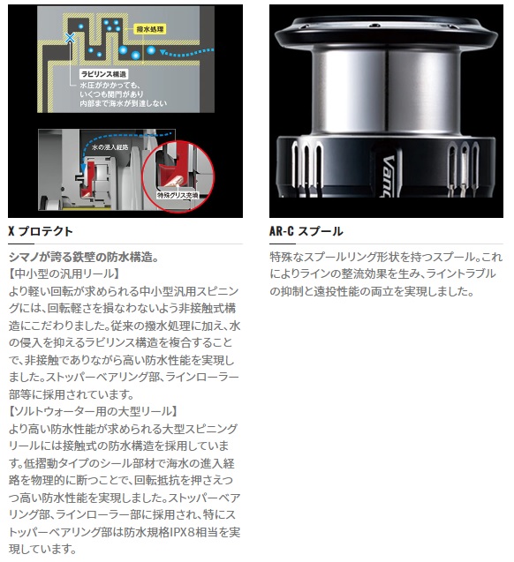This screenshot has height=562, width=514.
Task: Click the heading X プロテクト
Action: coord(41,232)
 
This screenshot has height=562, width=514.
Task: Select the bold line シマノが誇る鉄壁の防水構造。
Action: coord(83,257)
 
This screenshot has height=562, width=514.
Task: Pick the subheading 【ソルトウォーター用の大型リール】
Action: coord(93,411)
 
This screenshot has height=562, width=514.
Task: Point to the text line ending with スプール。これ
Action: coord(386,257)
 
